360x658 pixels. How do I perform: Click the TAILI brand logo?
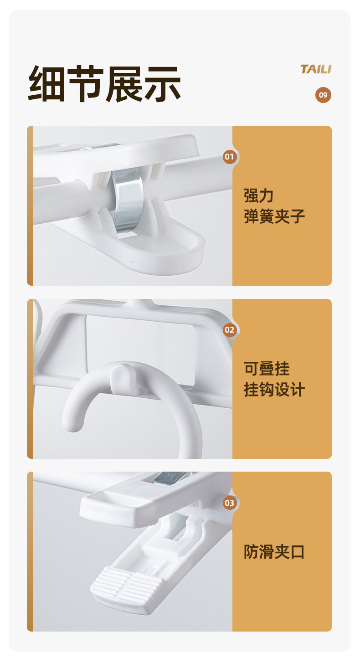click(x=316, y=69)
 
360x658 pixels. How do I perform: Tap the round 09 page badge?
click(x=323, y=95)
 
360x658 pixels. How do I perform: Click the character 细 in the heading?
click(x=46, y=84)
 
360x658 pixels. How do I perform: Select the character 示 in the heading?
click(x=162, y=84)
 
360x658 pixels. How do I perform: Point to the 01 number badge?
click(x=230, y=157)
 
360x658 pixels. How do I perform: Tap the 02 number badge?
click(x=230, y=330)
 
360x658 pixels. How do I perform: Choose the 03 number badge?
click(x=230, y=503)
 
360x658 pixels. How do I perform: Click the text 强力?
click(x=259, y=195)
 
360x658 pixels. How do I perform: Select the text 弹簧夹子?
click(x=274, y=216)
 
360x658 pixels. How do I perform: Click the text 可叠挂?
click(x=267, y=369)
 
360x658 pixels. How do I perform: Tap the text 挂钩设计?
click(x=274, y=390)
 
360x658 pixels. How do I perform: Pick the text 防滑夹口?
click(x=274, y=552)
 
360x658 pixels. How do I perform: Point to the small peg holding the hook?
click(x=122, y=379)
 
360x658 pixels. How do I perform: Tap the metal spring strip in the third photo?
click(x=171, y=478)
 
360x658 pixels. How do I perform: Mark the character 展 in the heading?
click(x=124, y=84)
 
